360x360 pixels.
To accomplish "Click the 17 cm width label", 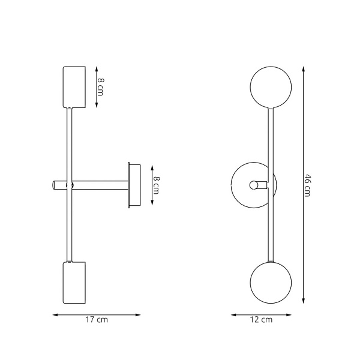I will pyautogui.click(x=97, y=320).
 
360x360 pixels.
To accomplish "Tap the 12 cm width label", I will pyautogui.click(x=262, y=320).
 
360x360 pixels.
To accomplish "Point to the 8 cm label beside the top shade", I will pyautogui.click(x=100, y=87).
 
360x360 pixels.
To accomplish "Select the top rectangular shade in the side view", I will pyautogui.click(x=75, y=87).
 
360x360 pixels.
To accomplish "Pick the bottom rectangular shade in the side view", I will pyautogui.click(x=75, y=283).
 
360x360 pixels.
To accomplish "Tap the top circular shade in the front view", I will pyautogui.click(x=271, y=87).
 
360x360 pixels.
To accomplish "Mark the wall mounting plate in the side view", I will pyautogui.click(x=134, y=185).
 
